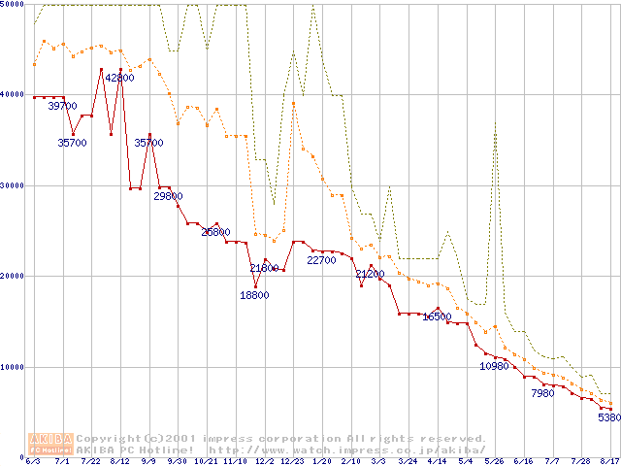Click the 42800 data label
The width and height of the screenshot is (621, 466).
coord(119,78)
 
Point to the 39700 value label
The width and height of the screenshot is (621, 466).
coord(63,106)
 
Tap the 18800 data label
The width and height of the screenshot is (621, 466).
coord(254,296)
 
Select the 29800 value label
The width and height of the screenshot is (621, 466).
coord(169,196)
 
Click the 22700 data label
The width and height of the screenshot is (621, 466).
coord(321,260)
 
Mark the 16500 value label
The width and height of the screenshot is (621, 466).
coord(437,316)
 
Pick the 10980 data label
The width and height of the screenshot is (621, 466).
coord(495,366)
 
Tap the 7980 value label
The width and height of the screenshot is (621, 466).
coord(542,394)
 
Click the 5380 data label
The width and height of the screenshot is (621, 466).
coord(608,418)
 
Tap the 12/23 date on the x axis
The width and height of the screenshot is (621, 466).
coord(291,461)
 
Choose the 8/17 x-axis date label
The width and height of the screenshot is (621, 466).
coord(609,461)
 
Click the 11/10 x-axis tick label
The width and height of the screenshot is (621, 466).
coord(234,461)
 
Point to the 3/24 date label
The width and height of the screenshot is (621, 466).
coord(408,461)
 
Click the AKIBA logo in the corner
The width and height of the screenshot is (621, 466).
coord(50,443)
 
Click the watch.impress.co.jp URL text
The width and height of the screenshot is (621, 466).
coord(344,449)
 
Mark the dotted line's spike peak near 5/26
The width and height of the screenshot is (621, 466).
coord(495,122)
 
